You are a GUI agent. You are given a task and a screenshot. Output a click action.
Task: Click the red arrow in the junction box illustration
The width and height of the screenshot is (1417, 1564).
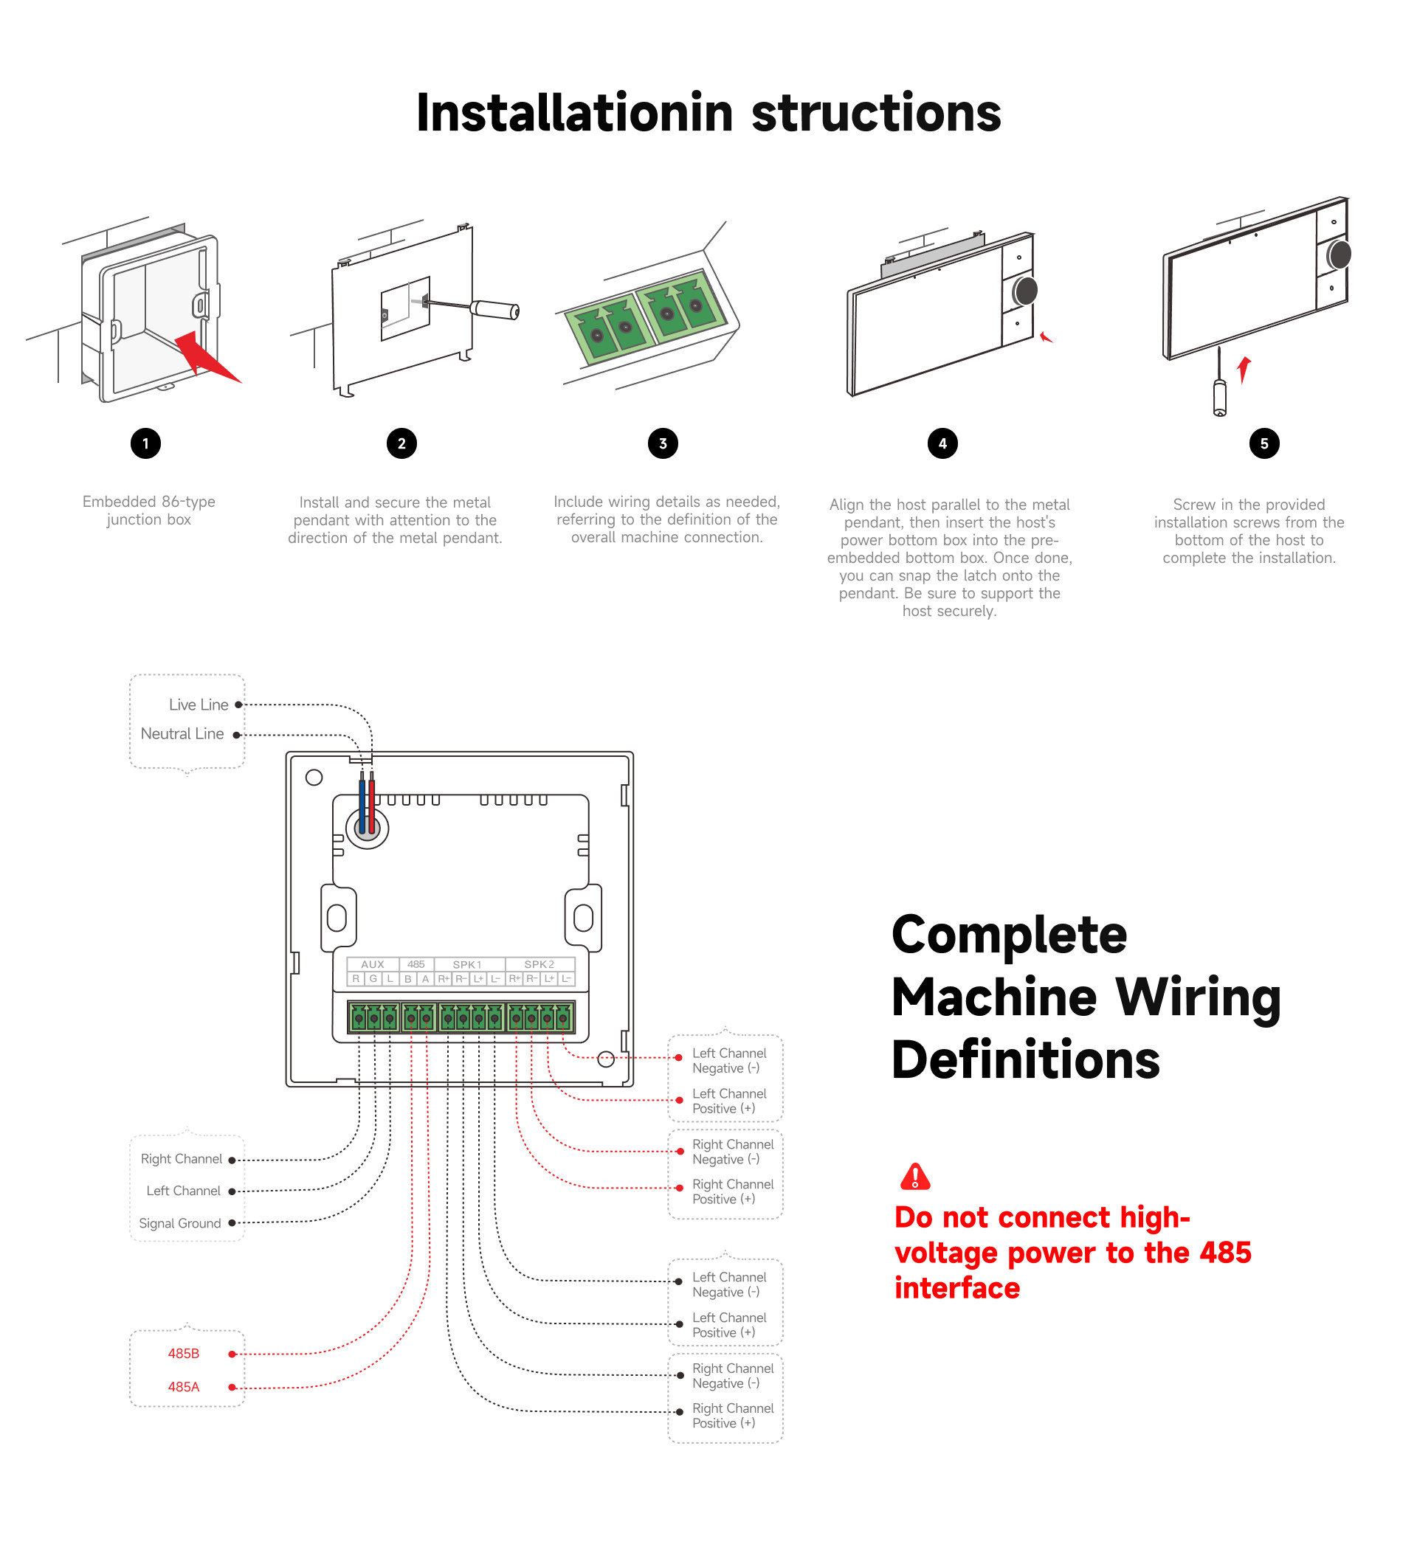coord(206,357)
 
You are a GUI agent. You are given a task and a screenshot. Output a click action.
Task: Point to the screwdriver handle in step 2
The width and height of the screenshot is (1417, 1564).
coord(495,310)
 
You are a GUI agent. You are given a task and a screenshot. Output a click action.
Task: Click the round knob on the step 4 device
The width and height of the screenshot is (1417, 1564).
coord(1024,291)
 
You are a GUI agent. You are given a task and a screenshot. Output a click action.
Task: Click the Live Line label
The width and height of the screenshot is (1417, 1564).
coord(199,705)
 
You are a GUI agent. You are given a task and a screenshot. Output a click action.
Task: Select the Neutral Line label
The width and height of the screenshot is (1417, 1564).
coord(182,733)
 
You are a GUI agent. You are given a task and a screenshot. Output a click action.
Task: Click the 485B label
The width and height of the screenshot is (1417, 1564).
coord(183,1353)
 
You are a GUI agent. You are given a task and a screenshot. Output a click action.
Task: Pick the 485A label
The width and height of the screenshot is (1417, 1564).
coord(183,1386)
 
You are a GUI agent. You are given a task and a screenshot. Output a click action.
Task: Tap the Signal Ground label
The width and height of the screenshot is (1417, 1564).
coord(179,1222)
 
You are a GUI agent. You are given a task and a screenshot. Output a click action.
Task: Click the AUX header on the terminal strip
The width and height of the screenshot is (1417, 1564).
coord(373,964)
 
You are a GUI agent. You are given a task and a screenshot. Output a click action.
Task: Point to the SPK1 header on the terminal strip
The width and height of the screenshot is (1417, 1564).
coord(467,964)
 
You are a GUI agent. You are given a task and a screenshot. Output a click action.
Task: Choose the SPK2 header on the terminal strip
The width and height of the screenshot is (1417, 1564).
coord(539,964)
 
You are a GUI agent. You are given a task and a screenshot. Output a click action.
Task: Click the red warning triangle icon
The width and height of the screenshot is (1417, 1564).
coord(915,1177)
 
